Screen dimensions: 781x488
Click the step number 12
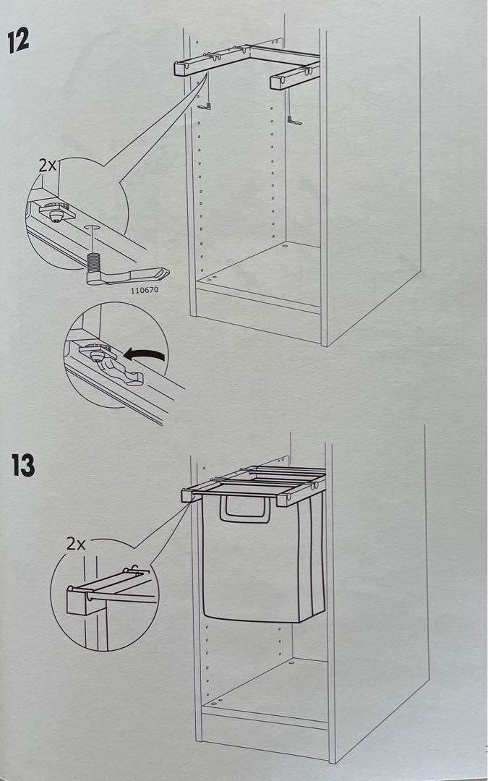[x=18, y=41]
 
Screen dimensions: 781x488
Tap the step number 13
[x=22, y=465]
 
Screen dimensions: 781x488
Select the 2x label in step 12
[x=47, y=164]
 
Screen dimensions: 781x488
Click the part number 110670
[x=145, y=291]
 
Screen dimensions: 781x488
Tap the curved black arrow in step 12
[x=145, y=355]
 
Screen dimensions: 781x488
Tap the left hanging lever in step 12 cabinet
[x=205, y=106]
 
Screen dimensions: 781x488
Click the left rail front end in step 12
[x=181, y=69]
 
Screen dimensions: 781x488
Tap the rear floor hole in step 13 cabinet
[x=291, y=662]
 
